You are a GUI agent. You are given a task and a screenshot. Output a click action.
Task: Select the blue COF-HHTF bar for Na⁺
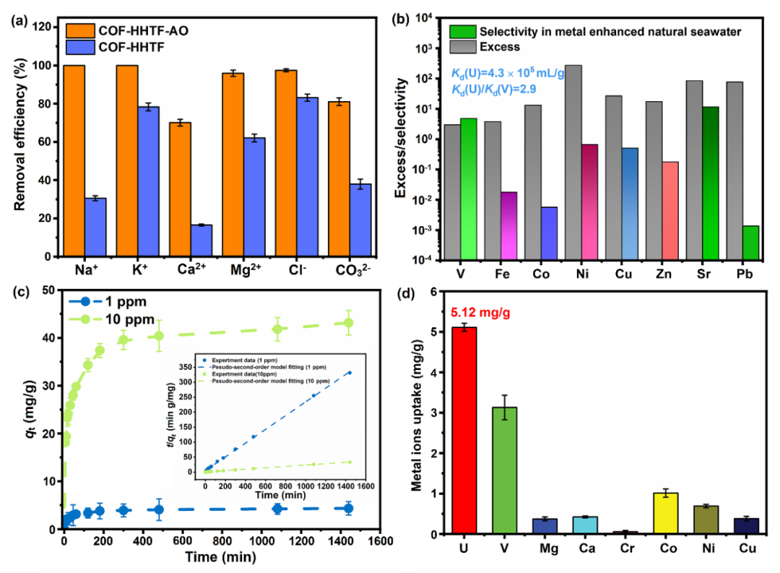tap(95, 227)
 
